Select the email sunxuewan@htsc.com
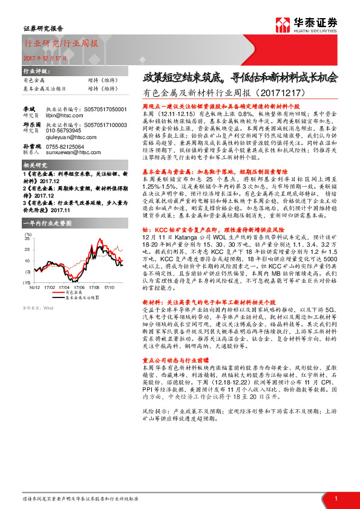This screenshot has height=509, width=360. [x=71, y=155]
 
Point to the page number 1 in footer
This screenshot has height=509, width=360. [x=336, y=498]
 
